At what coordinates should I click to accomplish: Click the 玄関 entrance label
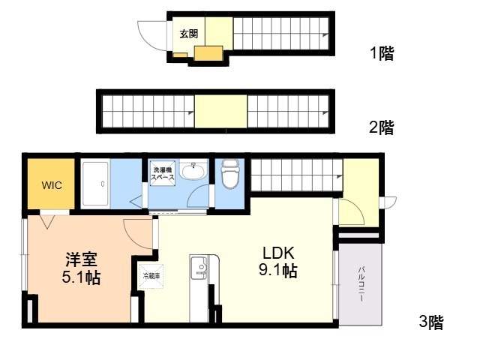[188, 33]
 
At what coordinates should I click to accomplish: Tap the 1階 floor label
[381, 53]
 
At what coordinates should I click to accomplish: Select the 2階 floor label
[381, 127]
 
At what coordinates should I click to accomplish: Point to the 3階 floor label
[430, 323]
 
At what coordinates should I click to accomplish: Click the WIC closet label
[52, 184]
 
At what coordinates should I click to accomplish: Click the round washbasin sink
[194, 172]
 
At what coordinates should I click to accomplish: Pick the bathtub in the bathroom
[95, 184]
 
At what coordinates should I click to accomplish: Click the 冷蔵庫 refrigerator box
[151, 275]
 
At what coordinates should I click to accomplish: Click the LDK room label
[277, 253]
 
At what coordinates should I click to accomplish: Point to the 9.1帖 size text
[277, 271]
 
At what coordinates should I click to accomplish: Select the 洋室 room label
[81, 259]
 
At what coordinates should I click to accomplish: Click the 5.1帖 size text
[81, 277]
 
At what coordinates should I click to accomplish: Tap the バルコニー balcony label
[360, 283]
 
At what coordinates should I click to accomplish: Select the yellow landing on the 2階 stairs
[221, 111]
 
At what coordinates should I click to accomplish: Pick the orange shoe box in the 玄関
[208, 52]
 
